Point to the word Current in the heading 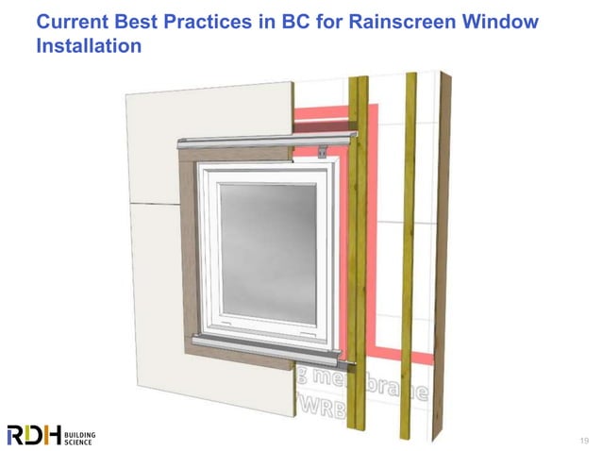tap(74, 21)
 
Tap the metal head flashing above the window tap(264, 142)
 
